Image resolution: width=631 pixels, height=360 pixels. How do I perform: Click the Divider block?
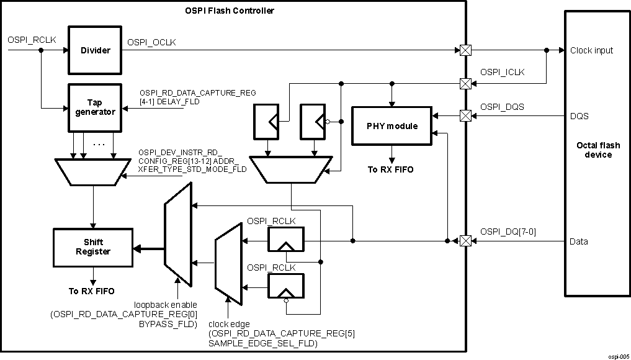coord(95,50)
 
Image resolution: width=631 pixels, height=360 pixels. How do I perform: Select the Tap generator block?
coord(95,107)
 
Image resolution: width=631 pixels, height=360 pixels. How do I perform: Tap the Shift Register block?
coord(93,247)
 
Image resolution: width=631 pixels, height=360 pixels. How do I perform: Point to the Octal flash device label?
coord(594,150)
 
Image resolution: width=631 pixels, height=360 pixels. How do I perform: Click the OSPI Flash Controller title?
coord(230,11)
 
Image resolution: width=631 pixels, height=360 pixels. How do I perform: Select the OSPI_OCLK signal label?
coord(152,42)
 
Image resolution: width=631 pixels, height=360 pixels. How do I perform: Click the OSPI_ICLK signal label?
coord(502,73)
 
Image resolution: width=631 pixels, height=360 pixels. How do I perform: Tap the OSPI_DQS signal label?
coord(502,107)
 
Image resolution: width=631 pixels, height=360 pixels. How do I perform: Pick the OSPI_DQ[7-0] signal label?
coord(508,232)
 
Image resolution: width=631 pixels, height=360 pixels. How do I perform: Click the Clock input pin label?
coord(591,50)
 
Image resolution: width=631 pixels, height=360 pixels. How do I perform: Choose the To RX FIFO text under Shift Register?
coord(92,290)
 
